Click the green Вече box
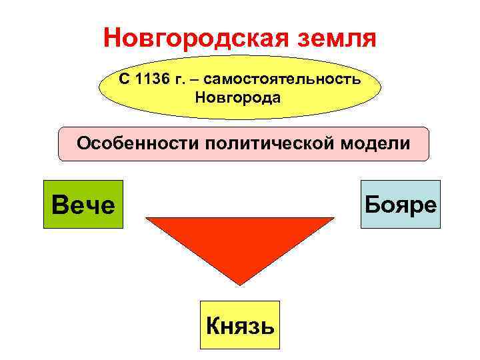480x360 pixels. tap(83, 204)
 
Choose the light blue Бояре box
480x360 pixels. tap(401, 204)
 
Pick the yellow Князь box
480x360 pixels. tap(240, 325)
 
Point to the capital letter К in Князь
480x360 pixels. tap(215, 325)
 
